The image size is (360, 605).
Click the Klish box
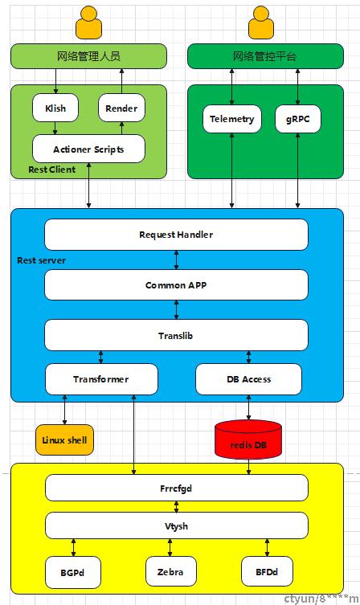(x=55, y=108)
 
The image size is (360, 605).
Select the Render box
(x=121, y=108)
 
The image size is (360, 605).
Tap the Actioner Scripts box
(x=88, y=149)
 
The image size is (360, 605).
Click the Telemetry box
(x=232, y=119)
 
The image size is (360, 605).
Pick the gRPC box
(x=298, y=119)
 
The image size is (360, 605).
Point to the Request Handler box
(x=176, y=235)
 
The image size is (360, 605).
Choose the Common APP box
(x=176, y=285)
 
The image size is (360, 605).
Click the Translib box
(x=176, y=335)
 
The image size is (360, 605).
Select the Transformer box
(x=101, y=379)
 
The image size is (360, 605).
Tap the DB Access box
(x=249, y=379)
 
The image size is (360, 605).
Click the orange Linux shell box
(x=64, y=439)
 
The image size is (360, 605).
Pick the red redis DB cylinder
(x=248, y=439)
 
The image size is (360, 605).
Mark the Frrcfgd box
(x=176, y=488)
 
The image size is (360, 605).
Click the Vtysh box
(x=176, y=525)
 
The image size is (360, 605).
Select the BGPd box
(x=73, y=572)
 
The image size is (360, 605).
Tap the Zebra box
(x=170, y=571)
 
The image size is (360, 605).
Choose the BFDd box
(x=267, y=571)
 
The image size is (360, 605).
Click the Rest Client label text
(x=52, y=170)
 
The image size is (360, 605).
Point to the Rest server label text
(x=41, y=260)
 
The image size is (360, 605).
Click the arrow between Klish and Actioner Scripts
(x=55, y=129)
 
